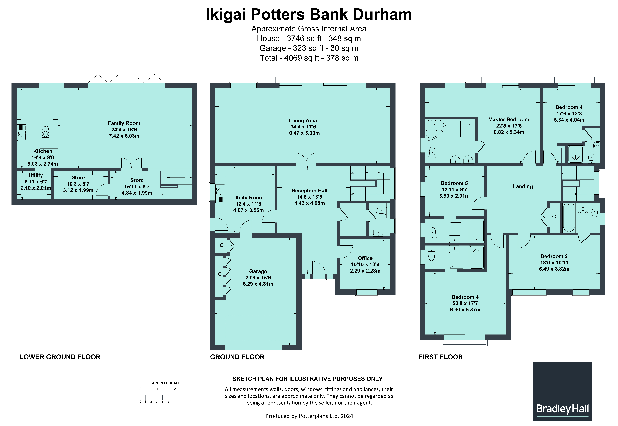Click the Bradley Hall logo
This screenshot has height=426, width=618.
(562, 391)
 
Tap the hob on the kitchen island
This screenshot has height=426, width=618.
(46, 131)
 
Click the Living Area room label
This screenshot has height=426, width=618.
(303, 121)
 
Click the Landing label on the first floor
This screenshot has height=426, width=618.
(523, 187)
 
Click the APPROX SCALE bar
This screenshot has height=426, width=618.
(166, 395)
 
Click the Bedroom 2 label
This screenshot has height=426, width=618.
(554, 256)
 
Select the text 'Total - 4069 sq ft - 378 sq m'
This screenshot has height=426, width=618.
(309, 58)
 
